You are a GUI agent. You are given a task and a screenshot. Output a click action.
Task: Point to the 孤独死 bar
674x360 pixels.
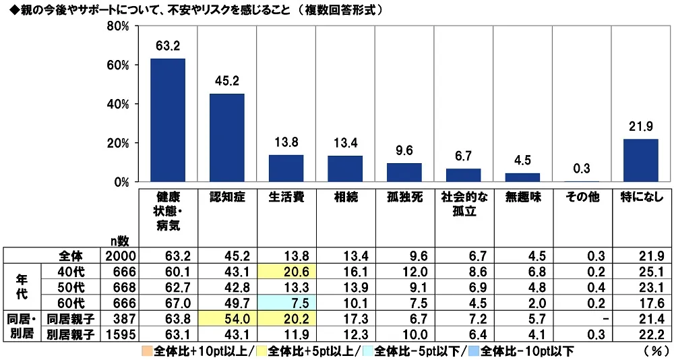click(x=404, y=173)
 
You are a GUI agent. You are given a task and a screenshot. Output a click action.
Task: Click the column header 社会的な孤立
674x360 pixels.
click(x=463, y=204)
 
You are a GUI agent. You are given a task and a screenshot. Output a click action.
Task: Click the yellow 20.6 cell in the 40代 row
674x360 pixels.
click(x=286, y=270)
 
